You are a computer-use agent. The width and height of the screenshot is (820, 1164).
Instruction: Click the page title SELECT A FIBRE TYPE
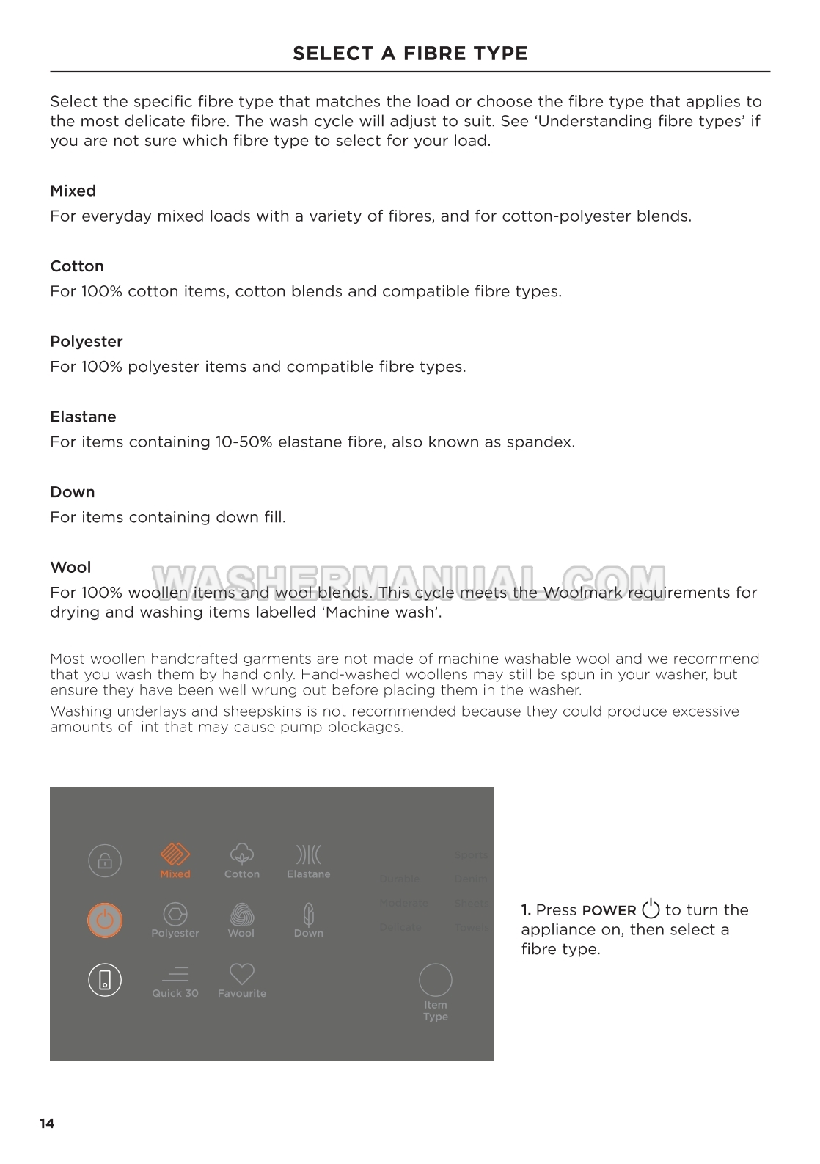point(410,54)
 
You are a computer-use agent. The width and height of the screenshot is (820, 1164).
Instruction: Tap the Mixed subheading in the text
point(73,191)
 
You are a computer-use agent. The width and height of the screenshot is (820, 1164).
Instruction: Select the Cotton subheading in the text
point(77,266)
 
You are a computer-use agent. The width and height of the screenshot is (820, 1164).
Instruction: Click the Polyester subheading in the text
point(87,342)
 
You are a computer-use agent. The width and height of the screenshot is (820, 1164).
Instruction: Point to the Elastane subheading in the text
point(83,417)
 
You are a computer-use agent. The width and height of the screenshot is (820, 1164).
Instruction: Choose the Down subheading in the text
point(73,492)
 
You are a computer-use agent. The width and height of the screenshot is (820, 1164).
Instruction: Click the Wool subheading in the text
point(70,568)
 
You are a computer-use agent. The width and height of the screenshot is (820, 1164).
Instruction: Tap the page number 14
point(47,1124)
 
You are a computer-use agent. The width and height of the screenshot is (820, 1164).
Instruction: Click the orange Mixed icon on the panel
point(175,855)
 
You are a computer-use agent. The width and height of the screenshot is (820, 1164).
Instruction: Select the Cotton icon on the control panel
point(242,854)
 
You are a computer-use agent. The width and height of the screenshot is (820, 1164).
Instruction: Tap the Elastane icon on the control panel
point(309,854)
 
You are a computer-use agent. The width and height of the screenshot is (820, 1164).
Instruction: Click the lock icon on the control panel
point(105,861)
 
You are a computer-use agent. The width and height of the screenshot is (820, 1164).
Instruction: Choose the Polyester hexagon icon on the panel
point(175,914)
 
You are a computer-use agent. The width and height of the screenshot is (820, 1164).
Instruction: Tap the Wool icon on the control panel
point(241,915)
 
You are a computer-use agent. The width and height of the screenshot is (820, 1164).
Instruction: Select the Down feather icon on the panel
point(309,915)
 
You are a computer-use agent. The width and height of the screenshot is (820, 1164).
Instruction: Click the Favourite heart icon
point(241,974)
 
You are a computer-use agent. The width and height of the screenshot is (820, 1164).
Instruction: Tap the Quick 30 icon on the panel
point(175,974)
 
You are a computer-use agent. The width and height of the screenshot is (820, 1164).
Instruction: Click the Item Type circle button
point(435,980)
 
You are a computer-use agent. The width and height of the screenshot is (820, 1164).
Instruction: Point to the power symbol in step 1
point(651,909)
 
